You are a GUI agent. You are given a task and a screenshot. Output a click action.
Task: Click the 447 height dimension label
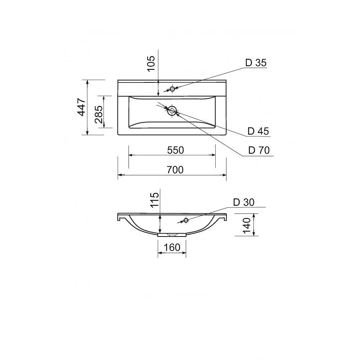(81, 107)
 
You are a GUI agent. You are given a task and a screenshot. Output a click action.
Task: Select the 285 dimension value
(99, 114)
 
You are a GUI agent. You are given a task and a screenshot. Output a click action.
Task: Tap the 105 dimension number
(151, 64)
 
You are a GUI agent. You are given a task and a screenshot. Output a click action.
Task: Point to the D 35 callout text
(256, 63)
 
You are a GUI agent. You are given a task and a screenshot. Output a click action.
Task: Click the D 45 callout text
(258, 131)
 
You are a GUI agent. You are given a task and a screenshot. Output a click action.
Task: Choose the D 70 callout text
(259, 150)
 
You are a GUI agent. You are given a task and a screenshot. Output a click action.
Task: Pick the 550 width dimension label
(175, 150)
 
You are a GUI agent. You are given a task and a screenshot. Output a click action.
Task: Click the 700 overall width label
(175, 170)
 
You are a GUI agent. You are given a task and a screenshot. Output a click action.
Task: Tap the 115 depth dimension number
(154, 200)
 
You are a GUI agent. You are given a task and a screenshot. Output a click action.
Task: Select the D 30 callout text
(244, 202)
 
